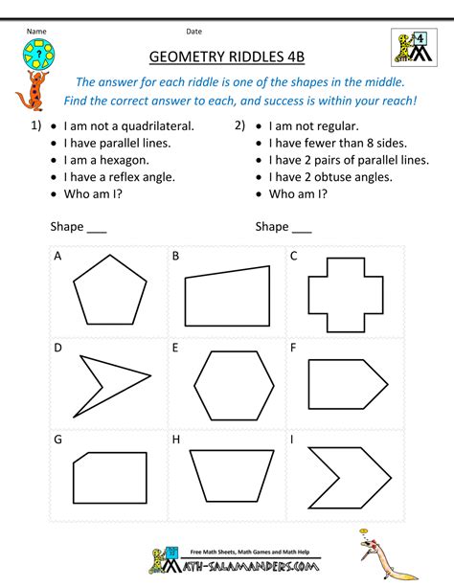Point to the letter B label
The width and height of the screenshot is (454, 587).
pos(176,257)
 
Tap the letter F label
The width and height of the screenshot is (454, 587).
pos(293,348)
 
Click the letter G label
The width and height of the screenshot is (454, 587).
pos(58,440)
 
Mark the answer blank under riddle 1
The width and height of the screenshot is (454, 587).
pos(97,230)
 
